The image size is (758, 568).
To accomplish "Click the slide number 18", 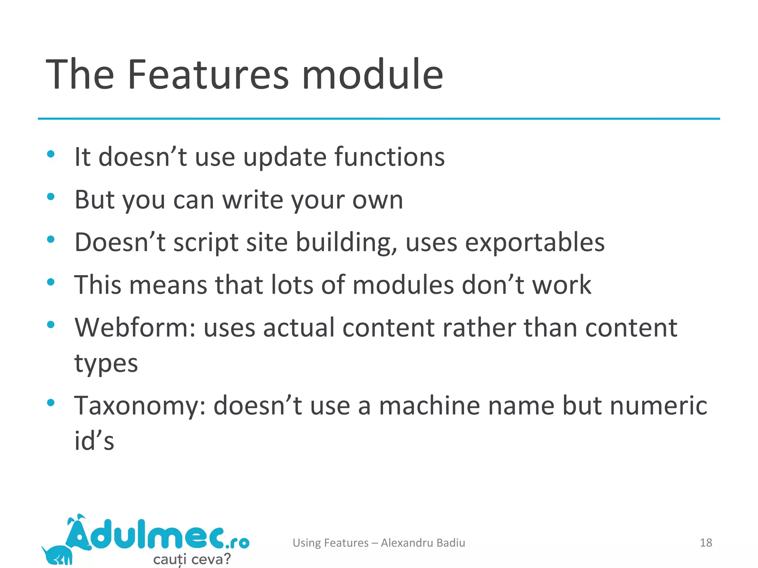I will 706,542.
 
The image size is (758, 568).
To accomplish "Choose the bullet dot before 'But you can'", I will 51,196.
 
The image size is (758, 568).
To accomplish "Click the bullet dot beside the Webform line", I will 51,324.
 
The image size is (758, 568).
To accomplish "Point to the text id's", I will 94,441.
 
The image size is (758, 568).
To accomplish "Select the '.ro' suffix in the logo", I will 237,542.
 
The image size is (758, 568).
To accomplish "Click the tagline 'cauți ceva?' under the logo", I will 192,559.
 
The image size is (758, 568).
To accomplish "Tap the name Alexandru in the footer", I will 407,542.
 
